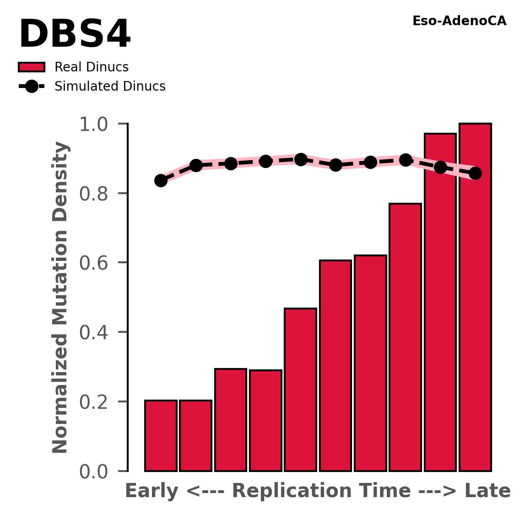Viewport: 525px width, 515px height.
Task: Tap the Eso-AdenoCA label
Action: [459, 22]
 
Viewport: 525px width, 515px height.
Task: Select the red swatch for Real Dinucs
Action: [32, 67]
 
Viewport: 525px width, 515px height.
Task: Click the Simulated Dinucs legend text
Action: [110, 87]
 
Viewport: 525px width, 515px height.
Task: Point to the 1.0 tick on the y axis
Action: [97, 124]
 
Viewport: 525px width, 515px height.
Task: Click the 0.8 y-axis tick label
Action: [97, 194]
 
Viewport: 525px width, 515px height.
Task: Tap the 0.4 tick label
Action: [97, 332]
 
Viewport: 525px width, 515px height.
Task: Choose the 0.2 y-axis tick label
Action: [97, 402]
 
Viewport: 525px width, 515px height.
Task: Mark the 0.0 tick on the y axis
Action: [97, 472]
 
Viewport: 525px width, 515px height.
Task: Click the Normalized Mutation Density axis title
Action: [60, 298]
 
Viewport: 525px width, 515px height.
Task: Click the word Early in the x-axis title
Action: [151, 491]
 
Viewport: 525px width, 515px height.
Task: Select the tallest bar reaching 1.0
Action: [475, 298]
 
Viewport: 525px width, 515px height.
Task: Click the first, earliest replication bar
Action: [161, 435]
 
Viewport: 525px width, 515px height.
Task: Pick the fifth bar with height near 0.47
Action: [300, 389]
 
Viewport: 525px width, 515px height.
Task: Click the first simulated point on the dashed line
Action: [161, 180]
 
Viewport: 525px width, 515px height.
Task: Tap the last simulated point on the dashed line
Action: [475, 173]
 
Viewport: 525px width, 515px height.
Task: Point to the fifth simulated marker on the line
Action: [301, 159]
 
